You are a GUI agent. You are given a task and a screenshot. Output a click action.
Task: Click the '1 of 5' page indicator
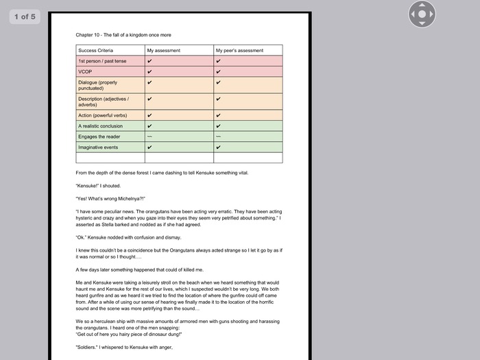(x=25, y=16)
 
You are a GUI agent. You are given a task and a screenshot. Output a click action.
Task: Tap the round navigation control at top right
(x=422, y=14)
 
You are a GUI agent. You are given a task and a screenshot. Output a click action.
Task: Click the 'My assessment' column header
(x=163, y=50)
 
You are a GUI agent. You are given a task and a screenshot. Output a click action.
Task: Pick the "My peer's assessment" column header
(x=239, y=50)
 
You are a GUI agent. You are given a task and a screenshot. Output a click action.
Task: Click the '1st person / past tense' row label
(x=102, y=61)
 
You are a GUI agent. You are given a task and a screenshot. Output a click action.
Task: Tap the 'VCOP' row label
(x=85, y=71)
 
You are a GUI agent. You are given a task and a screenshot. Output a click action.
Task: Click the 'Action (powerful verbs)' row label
(x=102, y=115)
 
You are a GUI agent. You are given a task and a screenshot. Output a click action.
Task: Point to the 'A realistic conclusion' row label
(x=101, y=126)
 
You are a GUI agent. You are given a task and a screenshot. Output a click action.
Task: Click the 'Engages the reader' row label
(x=99, y=136)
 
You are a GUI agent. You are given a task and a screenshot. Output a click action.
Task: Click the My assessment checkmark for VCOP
(x=149, y=71)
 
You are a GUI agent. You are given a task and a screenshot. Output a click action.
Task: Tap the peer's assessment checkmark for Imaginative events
(x=218, y=147)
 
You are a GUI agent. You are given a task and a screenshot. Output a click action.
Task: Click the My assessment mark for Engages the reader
(x=149, y=136)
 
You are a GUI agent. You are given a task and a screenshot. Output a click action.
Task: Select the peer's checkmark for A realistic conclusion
(x=218, y=126)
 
